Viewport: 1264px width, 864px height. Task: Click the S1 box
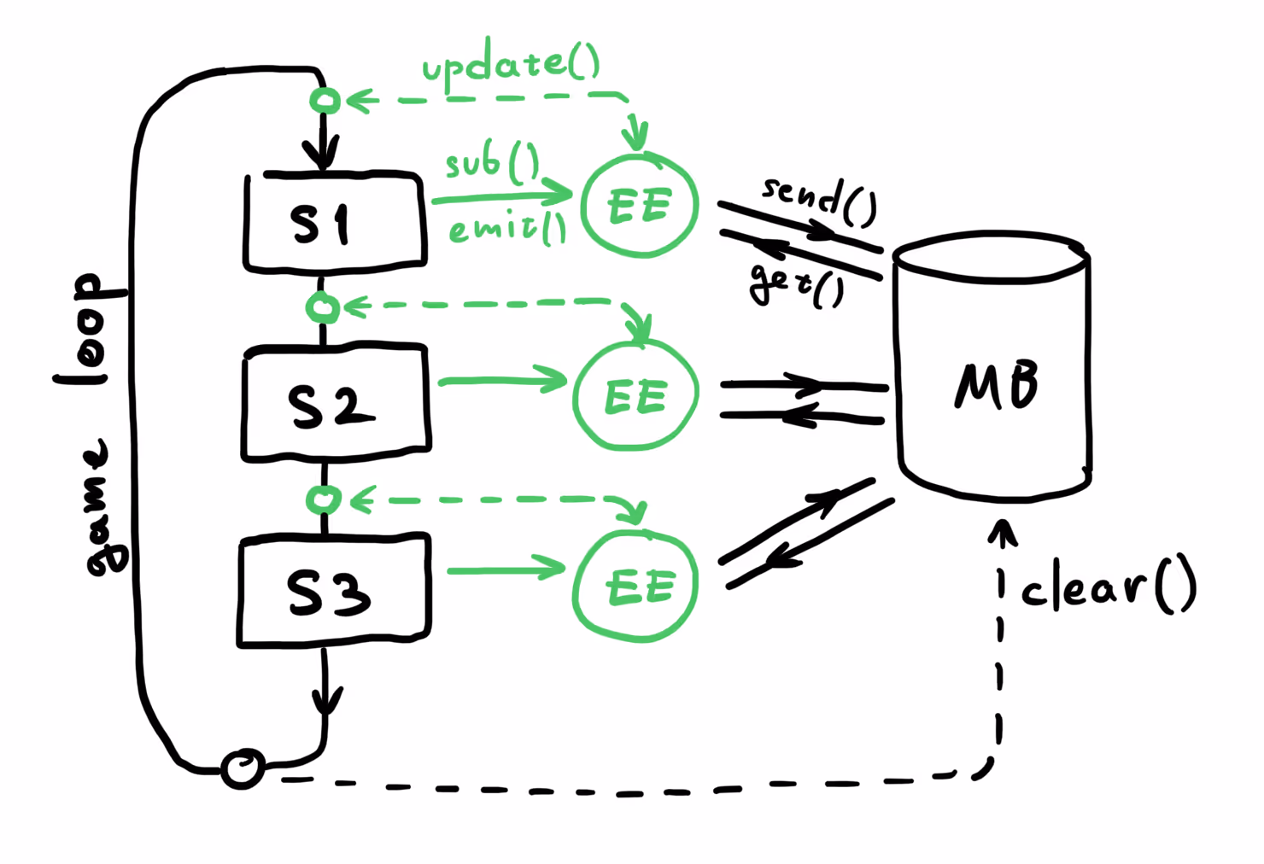tap(334, 224)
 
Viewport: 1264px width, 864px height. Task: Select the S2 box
tap(336, 403)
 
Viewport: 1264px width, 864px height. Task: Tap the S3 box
tap(333, 591)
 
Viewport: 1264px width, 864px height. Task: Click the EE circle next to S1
tap(640, 206)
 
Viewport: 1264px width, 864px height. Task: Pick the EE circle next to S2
tap(635, 397)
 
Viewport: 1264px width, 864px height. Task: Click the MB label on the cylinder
tap(996, 385)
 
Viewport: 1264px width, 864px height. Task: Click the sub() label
tap(492, 161)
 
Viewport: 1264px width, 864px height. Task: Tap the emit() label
tap(507, 228)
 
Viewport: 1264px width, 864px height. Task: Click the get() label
tap(796, 284)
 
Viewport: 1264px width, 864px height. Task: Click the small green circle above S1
tap(325, 101)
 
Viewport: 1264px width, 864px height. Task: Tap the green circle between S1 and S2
tap(323, 306)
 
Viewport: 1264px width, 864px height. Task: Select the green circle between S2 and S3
tap(323, 499)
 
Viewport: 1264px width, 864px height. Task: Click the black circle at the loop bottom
tap(243, 768)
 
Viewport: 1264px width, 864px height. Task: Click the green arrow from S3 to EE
tap(506, 569)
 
